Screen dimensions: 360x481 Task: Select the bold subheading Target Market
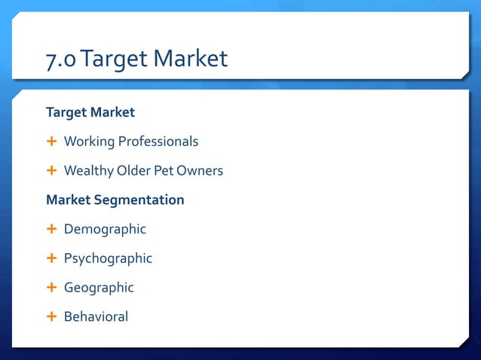(90, 112)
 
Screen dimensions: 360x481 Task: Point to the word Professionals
(158, 142)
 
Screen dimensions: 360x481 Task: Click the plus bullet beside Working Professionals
(51, 142)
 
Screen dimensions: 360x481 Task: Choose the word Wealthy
(88, 171)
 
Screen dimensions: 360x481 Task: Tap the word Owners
(200, 171)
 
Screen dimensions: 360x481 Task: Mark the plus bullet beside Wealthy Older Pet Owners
(51, 171)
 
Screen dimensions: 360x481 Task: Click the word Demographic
(105, 229)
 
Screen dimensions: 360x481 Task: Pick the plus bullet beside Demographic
(51, 229)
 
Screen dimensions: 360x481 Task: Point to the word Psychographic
(108, 258)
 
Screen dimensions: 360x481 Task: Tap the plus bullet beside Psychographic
(51, 258)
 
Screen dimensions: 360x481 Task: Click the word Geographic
(99, 288)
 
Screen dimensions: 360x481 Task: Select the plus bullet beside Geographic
(51, 288)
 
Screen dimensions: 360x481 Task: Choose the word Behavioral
(96, 317)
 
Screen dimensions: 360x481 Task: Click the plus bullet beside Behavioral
(51, 317)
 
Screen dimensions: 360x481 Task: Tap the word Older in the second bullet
(133, 171)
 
